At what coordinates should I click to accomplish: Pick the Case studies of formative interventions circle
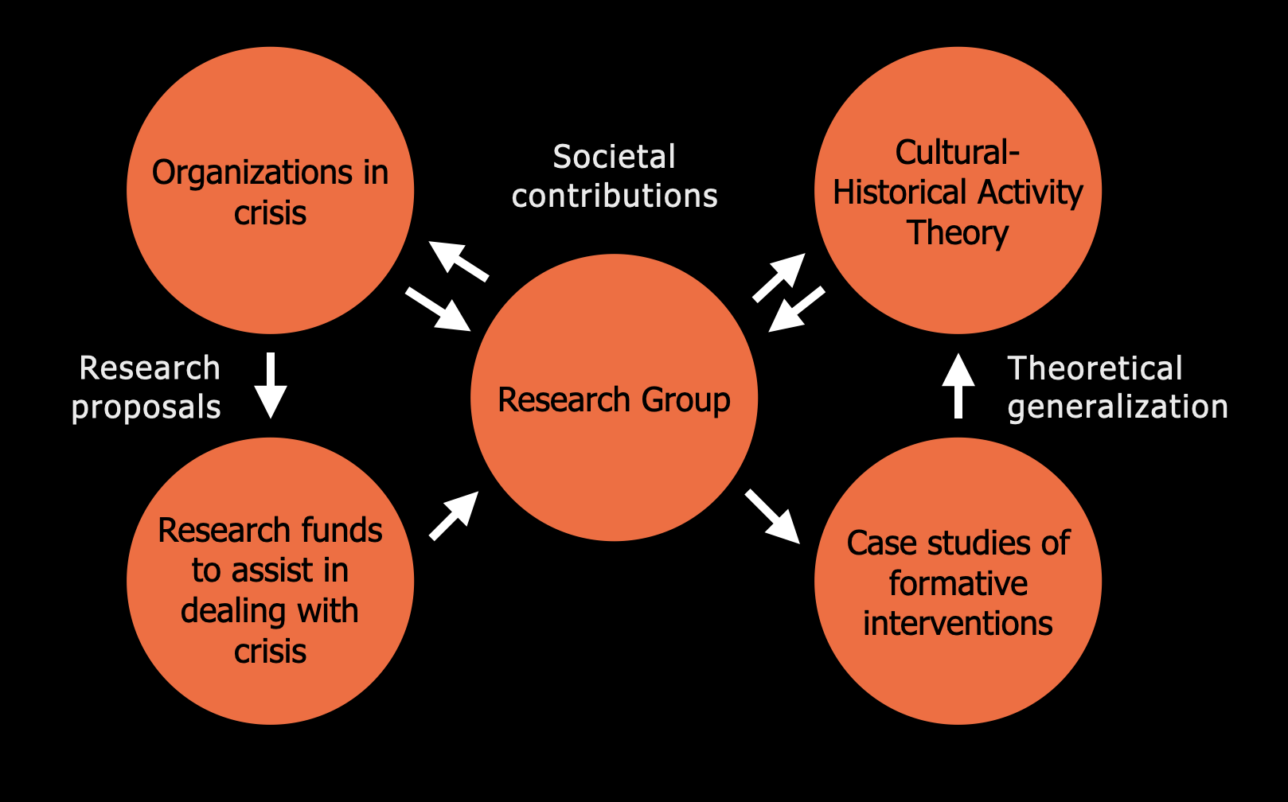click(x=958, y=676)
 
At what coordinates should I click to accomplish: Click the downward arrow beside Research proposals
click(x=271, y=385)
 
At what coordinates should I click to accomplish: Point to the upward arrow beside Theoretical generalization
click(x=958, y=386)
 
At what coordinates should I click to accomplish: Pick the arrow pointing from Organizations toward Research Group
click(x=438, y=309)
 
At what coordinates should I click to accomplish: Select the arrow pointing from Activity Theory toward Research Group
click(x=796, y=310)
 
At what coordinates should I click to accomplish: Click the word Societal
click(x=614, y=157)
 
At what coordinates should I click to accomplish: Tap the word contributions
click(x=614, y=196)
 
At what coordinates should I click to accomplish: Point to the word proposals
click(x=146, y=407)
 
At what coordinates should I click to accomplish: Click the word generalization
click(x=1117, y=407)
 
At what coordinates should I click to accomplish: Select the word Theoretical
click(x=1095, y=368)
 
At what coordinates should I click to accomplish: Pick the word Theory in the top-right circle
click(x=958, y=233)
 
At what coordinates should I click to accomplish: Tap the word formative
click(x=958, y=584)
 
